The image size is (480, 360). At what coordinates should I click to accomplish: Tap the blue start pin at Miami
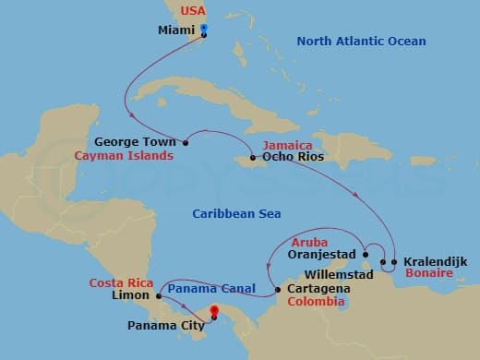pyautogui.click(x=204, y=30)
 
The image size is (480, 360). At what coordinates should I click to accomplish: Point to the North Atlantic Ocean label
pyautogui.click(x=361, y=41)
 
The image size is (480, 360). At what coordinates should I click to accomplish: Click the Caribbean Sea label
pyautogui.click(x=236, y=213)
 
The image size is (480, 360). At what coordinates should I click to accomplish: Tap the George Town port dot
pyautogui.click(x=186, y=143)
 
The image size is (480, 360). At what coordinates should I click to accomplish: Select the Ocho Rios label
pyautogui.click(x=290, y=158)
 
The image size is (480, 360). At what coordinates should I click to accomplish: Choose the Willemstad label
pyautogui.click(x=342, y=275)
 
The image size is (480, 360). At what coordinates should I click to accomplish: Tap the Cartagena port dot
pyautogui.click(x=277, y=290)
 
